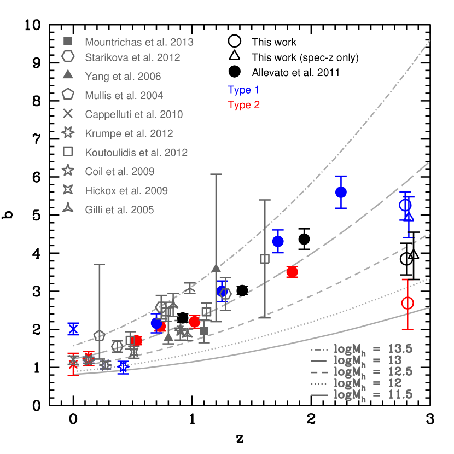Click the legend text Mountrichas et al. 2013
(x=139, y=42)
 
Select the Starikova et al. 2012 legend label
(x=132, y=57)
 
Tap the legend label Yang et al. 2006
(x=123, y=77)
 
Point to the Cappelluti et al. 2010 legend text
(x=134, y=115)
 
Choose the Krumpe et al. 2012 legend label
(x=129, y=133)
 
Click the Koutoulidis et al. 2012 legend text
(x=136, y=153)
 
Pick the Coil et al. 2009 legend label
(x=120, y=172)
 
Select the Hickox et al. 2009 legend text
(x=126, y=191)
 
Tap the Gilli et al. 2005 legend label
(x=119, y=210)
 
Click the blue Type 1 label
(x=243, y=90)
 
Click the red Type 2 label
(x=243, y=105)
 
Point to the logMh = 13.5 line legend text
(x=373, y=348)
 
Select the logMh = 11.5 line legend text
(x=373, y=395)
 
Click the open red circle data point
(x=408, y=303)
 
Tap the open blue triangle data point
(x=409, y=216)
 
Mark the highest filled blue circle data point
(x=341, y=192)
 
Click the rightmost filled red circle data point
(x=292, y=272)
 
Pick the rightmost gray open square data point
(x=265, y=258)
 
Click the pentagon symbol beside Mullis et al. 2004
(x=68, y=95)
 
